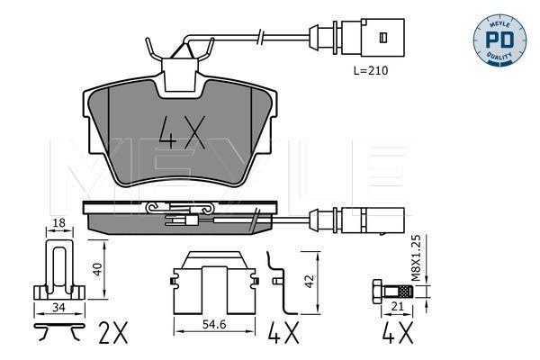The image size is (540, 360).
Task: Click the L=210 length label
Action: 371,70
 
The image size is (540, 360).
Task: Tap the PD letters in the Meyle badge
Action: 499,40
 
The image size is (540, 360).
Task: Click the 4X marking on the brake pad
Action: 182,132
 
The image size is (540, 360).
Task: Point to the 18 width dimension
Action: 59,223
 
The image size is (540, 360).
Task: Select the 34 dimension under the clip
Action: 58,307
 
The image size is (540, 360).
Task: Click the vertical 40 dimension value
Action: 98,269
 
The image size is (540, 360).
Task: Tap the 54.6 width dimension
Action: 214,325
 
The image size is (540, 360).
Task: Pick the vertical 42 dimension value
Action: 310,281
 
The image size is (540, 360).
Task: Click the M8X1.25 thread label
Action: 417,257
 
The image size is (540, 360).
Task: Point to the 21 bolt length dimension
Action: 397,306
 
